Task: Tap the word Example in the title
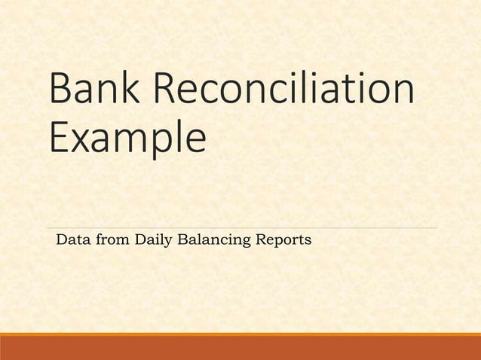point(127,141)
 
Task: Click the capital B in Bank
point(60,90)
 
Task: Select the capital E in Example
point(58,139)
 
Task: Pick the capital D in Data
point(61,240)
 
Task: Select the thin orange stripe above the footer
point(240,334)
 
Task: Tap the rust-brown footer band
point(240,349)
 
